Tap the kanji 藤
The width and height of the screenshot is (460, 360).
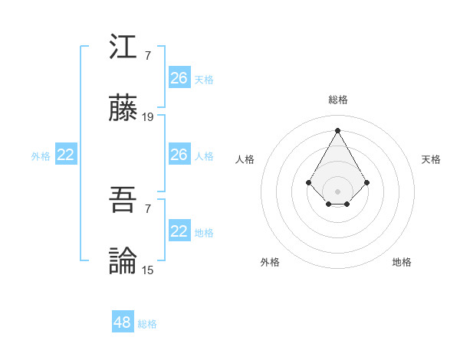pyautogui.click(x=123, y=109)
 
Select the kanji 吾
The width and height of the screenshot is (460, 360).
pyautogui.click(x=123, y=201)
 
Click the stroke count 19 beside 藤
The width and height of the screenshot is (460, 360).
pyautogui.click(x=148, y=117)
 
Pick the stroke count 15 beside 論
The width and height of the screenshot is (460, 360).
pyautogui.click(x=148, y=270)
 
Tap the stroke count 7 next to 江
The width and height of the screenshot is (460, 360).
pyautogui.click(x=147, y=56)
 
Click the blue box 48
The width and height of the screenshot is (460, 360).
pyautogui.click(x=123, y=322)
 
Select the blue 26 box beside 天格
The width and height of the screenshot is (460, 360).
pyautogui.click(x=179, y=78)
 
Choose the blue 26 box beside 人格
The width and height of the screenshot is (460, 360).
pyautogui.click(x=179, y=155)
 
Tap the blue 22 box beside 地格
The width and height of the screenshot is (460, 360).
pyautogui.click(x=179, y=231)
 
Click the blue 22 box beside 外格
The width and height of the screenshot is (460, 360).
pyautogui.click(x=66, y=155)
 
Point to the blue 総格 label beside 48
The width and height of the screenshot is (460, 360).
pyautogui.click(x=147, y=324)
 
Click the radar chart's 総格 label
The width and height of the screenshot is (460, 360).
pyautogui.click(x=338, y=100)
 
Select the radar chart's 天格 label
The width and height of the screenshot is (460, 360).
pyautogui.click(x=431, y=159)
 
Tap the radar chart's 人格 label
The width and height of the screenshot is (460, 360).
pyautogui.click(x=245, y=159)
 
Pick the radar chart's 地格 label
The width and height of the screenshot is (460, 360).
pyautogui.click(x=402, y=262)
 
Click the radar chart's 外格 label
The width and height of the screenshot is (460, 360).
pyautogui.click(x=270, y=262)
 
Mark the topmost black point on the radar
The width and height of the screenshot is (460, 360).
pyautogui.click(x=337, y=129)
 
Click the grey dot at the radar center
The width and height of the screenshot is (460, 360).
pyautogui.click(x=337, y=191)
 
